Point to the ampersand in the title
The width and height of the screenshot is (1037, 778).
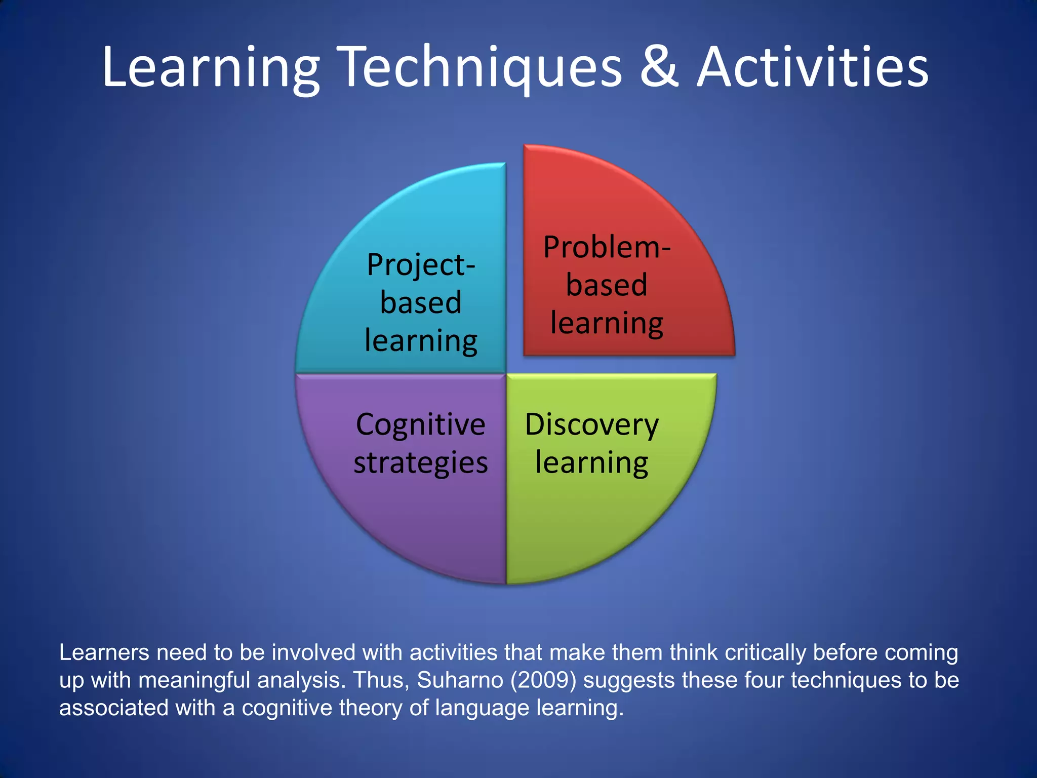pyautogui.click(x=659, y=68)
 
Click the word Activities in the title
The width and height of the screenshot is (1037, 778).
pyautogui.click(x=813, y=68)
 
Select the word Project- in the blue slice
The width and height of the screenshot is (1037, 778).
pyautogui.click(x=421, y=265)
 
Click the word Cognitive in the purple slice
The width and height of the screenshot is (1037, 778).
pyautogui.click(x=420, y=424)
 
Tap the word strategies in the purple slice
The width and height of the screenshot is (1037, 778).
pyautogui.click(x=420, y=462)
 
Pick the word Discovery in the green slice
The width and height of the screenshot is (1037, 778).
pyautogui.click(x=591, y=424)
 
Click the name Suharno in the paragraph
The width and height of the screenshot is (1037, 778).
pyautogui.click(x=460, y=680)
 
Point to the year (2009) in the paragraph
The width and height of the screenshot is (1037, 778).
pyautogui.click(x=543, y=680)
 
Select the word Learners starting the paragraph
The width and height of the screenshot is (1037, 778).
pyautogui.click(x=104, y=652)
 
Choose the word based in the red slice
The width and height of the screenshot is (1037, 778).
pyautogui.click(x=607, y=285)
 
